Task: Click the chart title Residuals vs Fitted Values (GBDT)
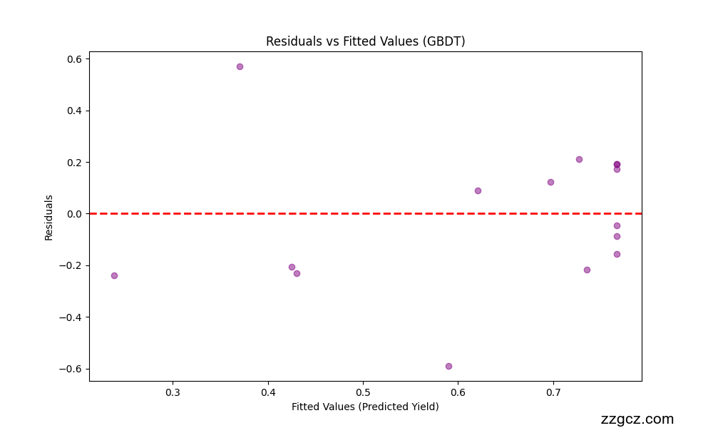[365, 41]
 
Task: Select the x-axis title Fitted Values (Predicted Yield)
[365, 407]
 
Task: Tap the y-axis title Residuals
[48, 217]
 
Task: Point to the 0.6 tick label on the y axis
[74, 59]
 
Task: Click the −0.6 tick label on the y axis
[71, 369]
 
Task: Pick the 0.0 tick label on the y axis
[74, 214]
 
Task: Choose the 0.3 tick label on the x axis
[173, 392]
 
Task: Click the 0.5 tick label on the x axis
[363, 392]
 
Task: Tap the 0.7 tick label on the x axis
[553, 392]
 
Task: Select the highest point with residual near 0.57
[240, 66]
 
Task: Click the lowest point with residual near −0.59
[448, 366]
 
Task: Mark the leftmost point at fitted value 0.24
[114, 275]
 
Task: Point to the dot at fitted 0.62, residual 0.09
[478, 190]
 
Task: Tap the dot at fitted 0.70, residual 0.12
[550, 182]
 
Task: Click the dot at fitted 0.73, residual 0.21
[579, 159]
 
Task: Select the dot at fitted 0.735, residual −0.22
[587, 270]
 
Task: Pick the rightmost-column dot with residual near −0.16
[617, 254]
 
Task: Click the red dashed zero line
[356, 213]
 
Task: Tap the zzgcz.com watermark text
[637, 419]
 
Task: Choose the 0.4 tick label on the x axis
[268, 392]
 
